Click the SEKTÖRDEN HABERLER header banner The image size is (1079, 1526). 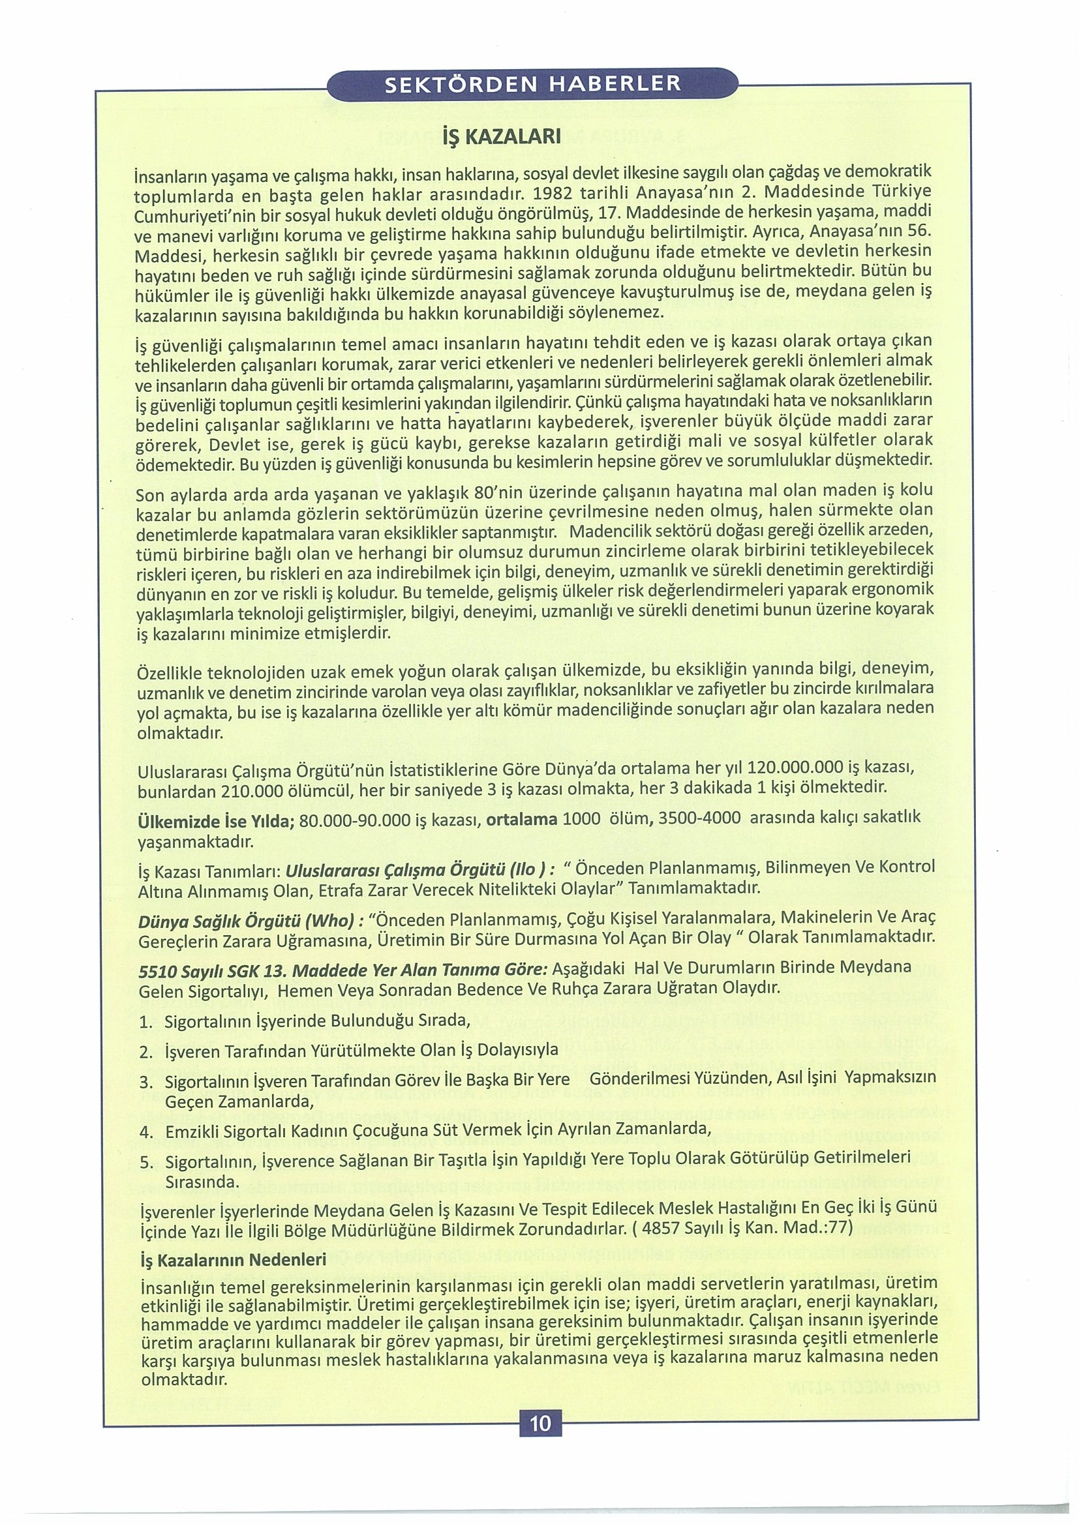coord(533,84)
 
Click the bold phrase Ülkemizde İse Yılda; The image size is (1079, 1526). coord(215,820)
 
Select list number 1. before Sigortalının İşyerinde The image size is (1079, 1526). coord(147,1021)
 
